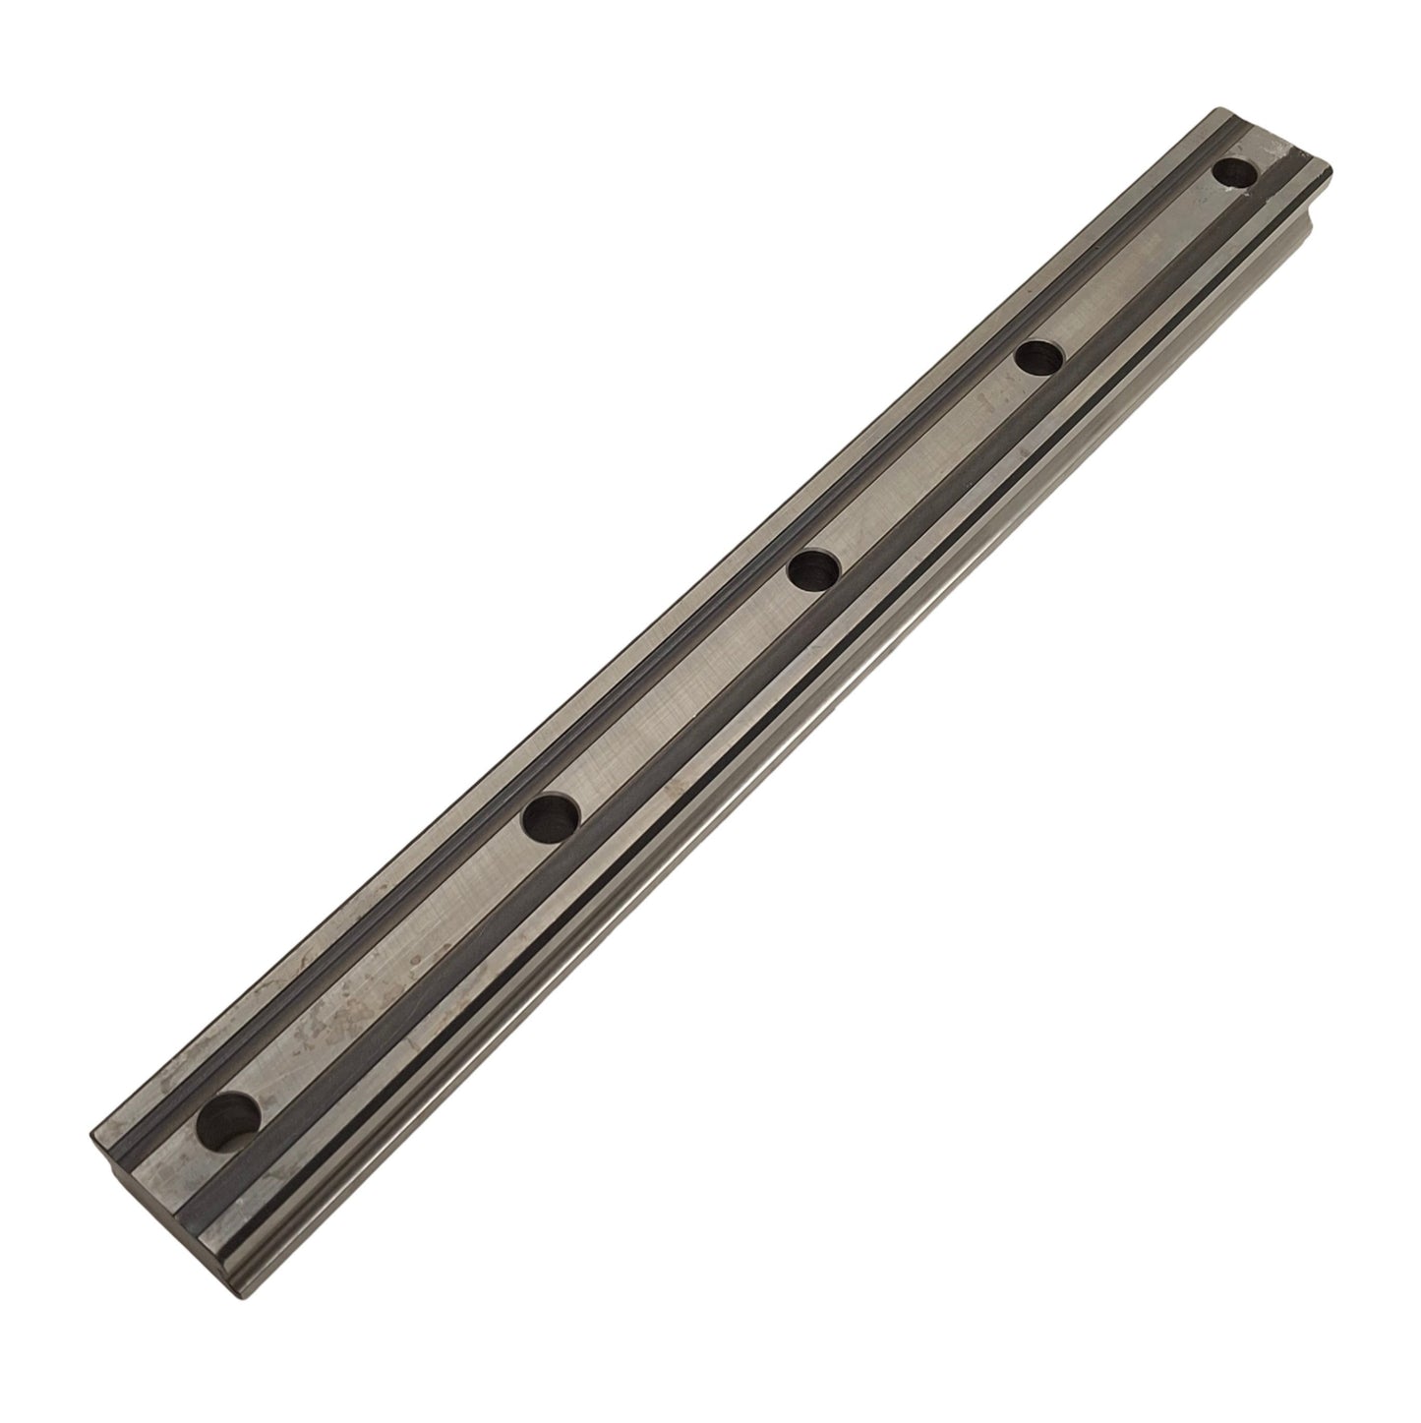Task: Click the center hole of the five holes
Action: click(813, 570)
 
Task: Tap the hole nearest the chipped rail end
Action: click(1235, 173)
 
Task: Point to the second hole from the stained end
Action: click(551, 818)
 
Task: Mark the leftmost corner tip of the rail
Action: click(90, 1132)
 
